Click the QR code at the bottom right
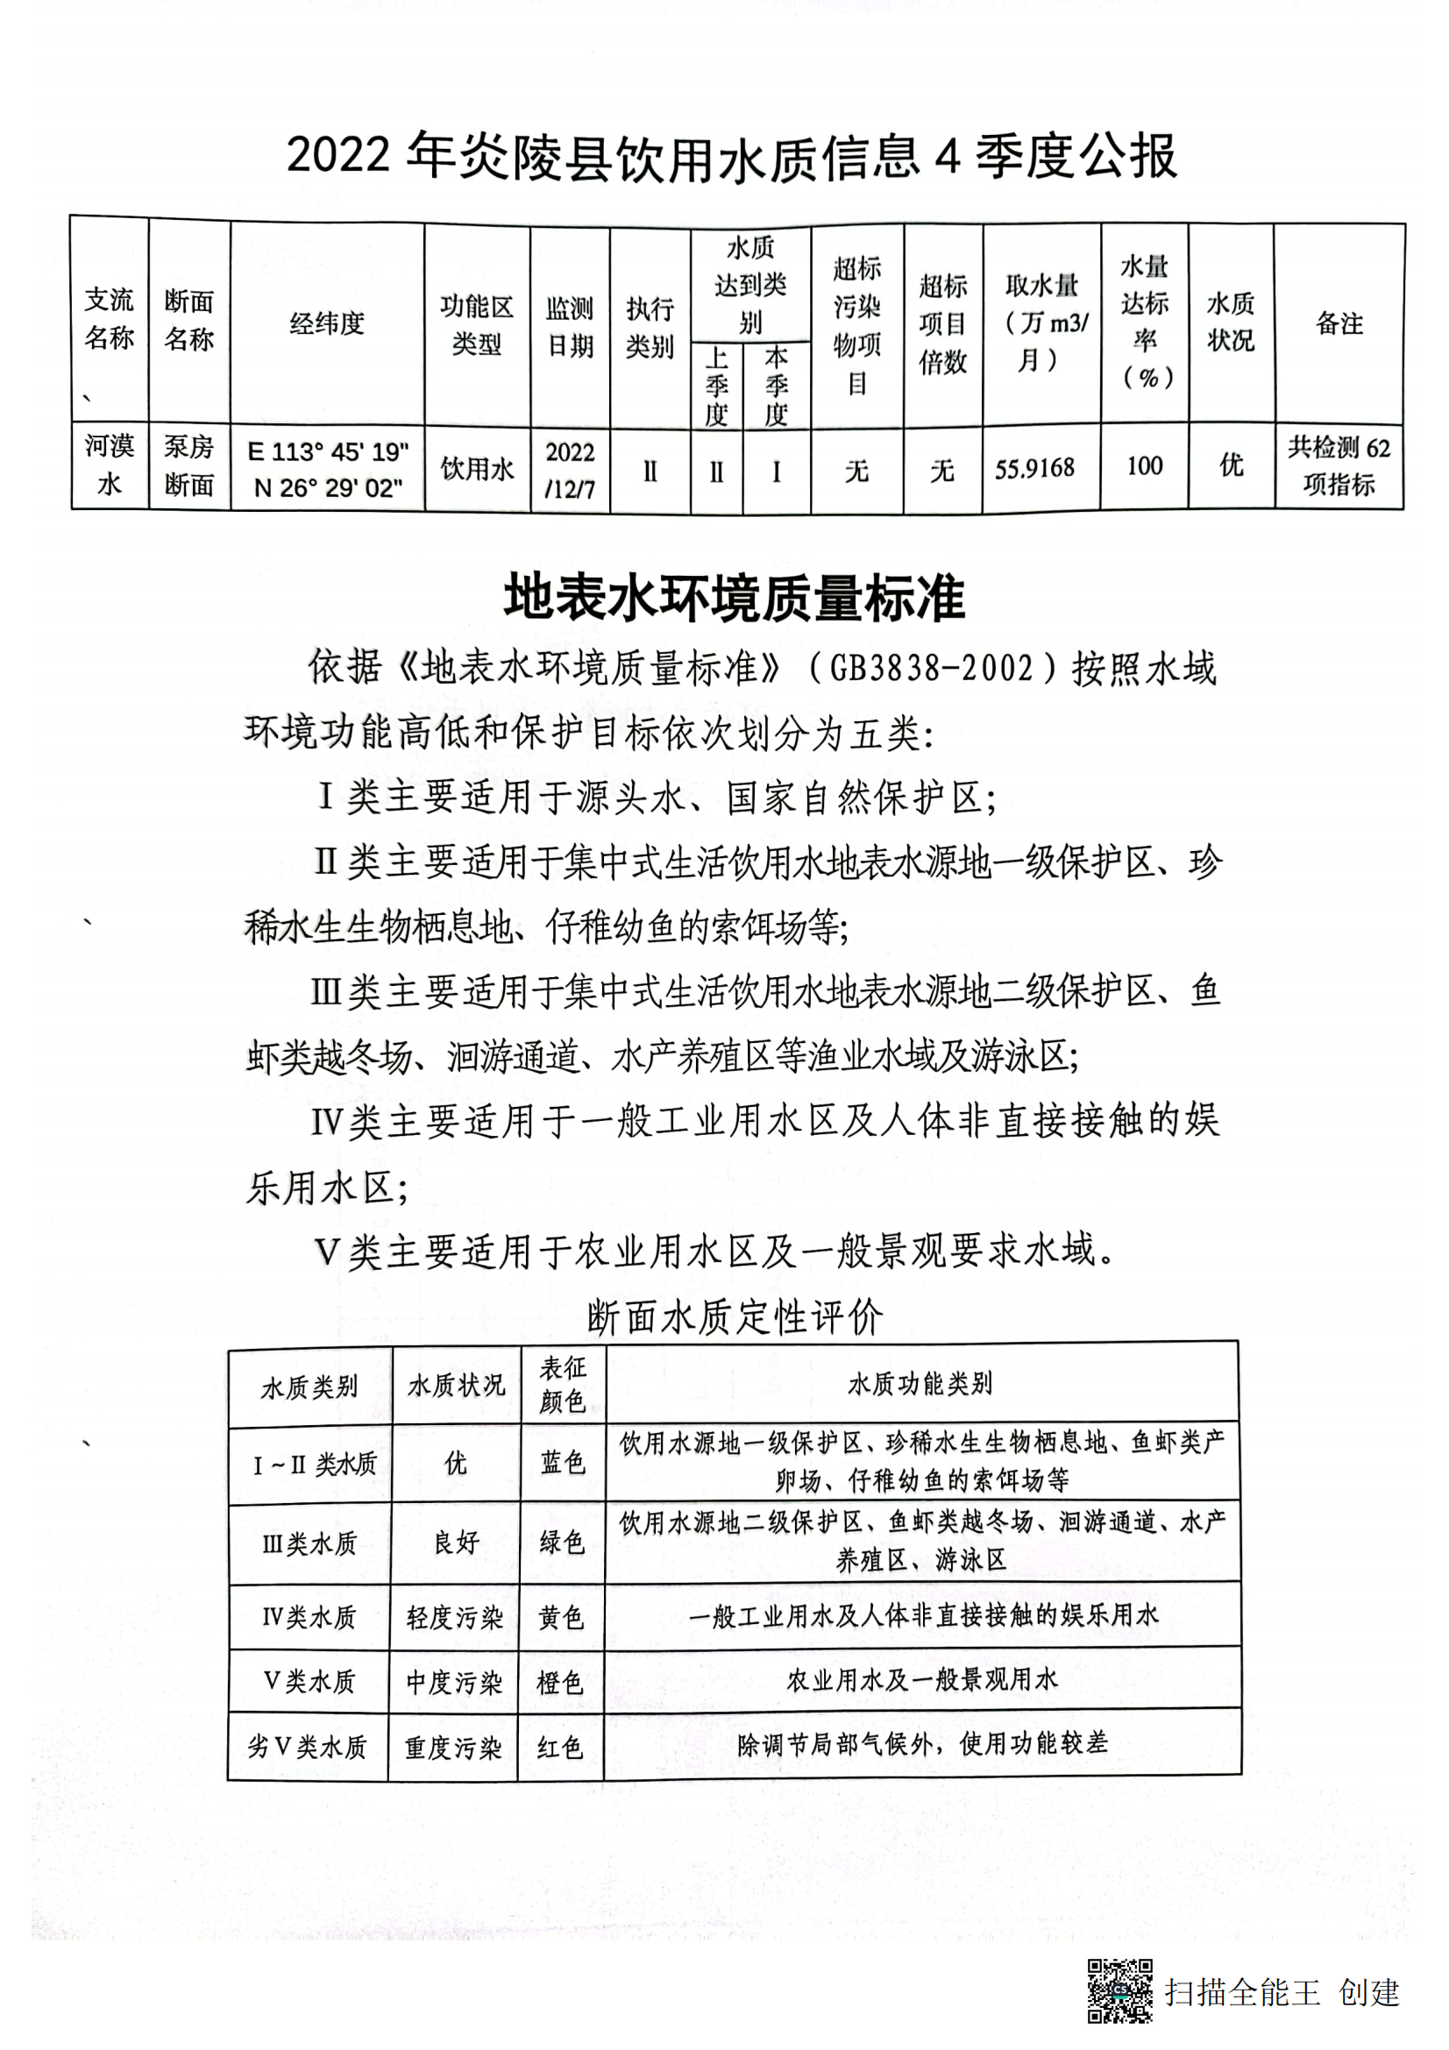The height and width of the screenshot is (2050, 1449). click(x=1119, y=1990)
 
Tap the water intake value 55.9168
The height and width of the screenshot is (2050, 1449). click(x=1034, y=468)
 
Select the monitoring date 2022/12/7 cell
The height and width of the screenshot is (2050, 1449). click(x=570, y=470)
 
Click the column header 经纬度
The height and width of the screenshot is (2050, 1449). click(x=327, y=323)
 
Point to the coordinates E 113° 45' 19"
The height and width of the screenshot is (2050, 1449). click(x=328, y=451)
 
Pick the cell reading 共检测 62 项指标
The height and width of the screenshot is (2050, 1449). click(x=1339, y=466)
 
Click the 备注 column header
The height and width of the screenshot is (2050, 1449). click(x=1339, y=323)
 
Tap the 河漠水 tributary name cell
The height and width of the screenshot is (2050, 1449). click(x=109, y=465)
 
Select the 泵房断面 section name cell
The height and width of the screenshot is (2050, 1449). click(x=188, y=466)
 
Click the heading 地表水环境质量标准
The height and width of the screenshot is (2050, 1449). click(x=734, y=598)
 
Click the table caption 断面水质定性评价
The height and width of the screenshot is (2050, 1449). click(x=735, y=1318)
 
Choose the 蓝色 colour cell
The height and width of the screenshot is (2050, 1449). click(x=563, y=1463)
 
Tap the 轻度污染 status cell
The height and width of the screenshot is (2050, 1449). click(x=454, y=1617)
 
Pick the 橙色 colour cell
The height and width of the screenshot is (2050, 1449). click(x=560, y=1682)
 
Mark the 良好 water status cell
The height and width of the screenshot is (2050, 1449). click(x=456, y=1542)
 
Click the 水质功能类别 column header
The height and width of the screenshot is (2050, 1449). click(x=920, y=1384)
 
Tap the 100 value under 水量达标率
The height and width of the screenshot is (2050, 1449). click(x=1144, y=466)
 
